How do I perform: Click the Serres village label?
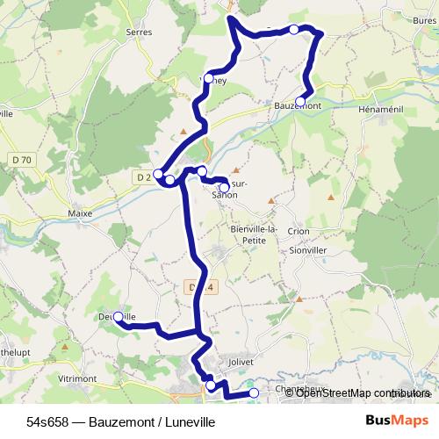[x=139, y=32]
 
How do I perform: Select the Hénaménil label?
[x=381, y=105]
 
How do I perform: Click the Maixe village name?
[x=79, y=212]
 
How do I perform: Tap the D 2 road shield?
[x=143, y=176]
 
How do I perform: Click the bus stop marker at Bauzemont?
[x=300, y=102]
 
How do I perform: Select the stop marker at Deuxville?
[x=118, y=316]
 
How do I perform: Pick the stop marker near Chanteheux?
[x=254, y=393]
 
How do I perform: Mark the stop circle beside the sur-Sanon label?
[x=224, y=187]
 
